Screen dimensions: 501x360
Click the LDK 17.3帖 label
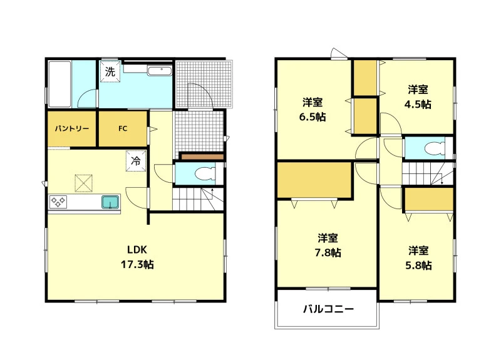[137, 257]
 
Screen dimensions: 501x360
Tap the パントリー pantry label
[72, 129]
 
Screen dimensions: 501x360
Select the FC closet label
[123, 128]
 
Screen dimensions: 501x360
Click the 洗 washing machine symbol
[110, 71]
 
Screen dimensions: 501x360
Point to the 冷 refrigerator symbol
[136, 161]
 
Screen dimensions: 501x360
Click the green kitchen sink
[110, 202]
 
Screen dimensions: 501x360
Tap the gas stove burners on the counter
[58, 202]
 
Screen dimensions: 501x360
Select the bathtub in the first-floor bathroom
[59, 85]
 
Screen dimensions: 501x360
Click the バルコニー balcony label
[328, 309]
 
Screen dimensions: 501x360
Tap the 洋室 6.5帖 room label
[312, 110]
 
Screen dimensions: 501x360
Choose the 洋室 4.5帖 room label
[418, 97]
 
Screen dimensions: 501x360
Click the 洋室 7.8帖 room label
[328, 245]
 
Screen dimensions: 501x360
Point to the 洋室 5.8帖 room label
[418, 258]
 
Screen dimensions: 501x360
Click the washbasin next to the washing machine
[160, 71]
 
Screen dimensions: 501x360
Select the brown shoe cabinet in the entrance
[202, 157]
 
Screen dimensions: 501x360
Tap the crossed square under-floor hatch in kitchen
[84, 183]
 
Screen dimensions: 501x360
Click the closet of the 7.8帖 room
[315, 180]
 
